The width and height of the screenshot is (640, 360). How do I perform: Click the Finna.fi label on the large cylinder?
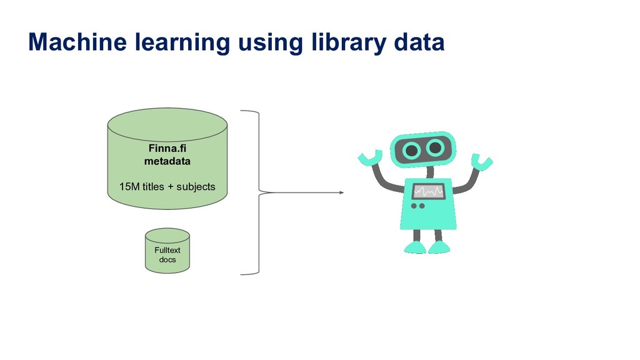(167, 149)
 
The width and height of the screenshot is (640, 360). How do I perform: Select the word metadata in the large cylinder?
(167, 161)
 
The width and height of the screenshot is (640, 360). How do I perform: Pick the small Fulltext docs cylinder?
(167, 251)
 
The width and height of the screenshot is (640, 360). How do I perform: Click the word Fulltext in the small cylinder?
(167, 250)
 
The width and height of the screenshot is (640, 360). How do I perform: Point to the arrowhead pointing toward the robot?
(341, 192)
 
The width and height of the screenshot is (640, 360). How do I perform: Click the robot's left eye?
(411, 150)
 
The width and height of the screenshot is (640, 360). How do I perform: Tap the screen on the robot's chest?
(428, 191)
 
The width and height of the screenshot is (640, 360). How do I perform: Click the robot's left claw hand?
(369, 157)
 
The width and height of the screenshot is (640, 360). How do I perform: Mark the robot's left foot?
(416, 247)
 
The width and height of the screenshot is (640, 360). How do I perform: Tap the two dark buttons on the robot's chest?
(417, 206)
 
